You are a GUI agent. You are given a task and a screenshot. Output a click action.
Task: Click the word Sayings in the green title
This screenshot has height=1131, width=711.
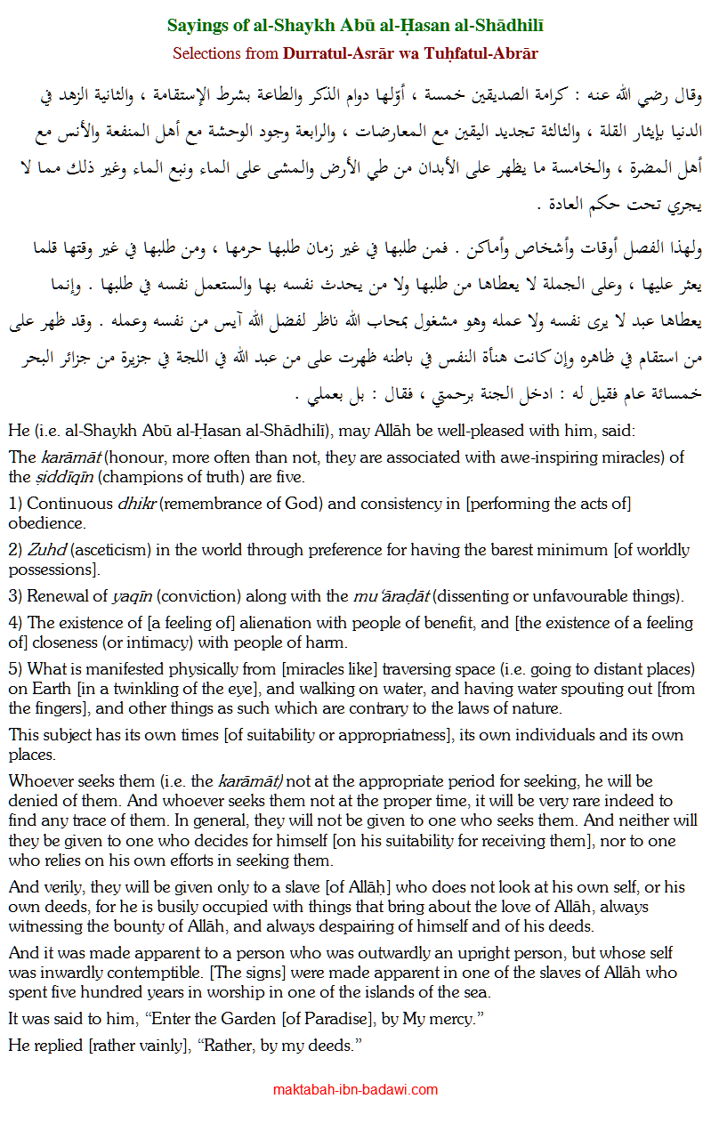point(195,26)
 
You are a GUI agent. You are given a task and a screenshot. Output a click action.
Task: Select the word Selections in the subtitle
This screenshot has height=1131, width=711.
point(209,53)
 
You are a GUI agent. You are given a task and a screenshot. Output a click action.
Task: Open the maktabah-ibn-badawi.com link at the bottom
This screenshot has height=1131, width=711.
point(355,1089)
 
